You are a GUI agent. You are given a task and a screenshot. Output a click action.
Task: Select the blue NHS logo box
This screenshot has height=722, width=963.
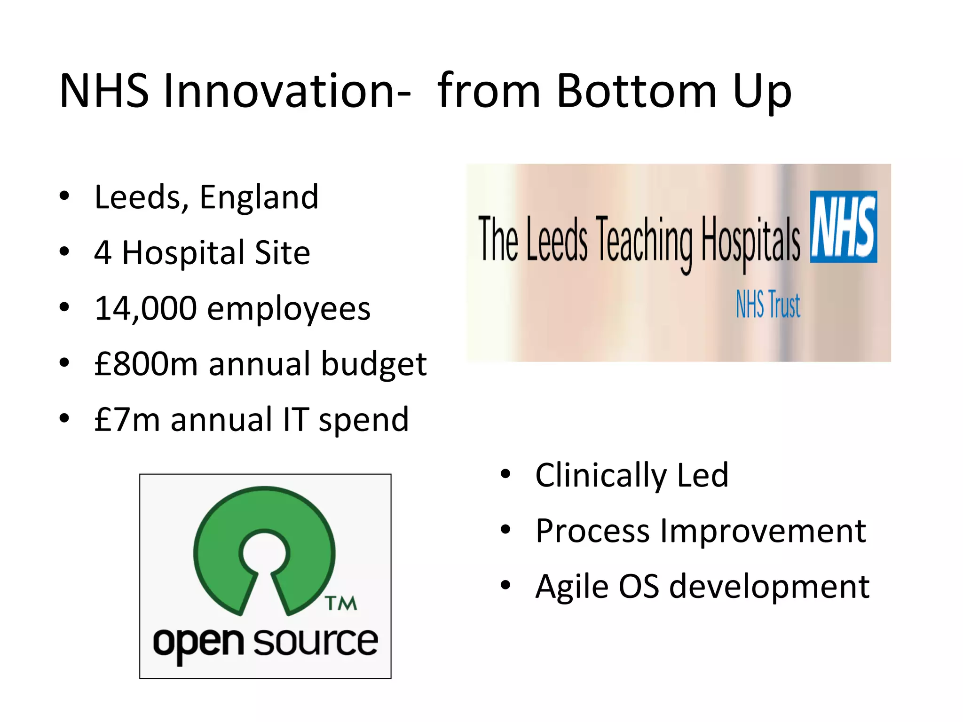tap(843, 227)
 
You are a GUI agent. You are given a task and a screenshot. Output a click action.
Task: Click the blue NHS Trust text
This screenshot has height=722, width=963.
tap(768, 305)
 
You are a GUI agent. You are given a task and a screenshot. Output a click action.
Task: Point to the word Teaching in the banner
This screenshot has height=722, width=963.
tap(644, 241)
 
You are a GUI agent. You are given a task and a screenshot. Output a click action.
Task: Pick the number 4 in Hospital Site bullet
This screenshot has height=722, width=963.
tap(103, 253)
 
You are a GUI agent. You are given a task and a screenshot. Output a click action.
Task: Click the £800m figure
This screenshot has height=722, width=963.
tap(146, 364)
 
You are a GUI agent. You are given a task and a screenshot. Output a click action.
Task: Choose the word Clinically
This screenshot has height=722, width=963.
tap(600, 476)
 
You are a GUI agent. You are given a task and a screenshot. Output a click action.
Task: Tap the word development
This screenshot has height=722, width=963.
tap(769, 587)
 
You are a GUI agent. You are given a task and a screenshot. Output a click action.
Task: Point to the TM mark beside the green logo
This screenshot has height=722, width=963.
tap(341, 604)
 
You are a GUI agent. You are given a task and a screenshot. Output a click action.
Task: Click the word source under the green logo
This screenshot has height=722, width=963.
tap(316, 642)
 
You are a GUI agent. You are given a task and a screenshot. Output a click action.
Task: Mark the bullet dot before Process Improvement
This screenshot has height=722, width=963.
tap(505, 530)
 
